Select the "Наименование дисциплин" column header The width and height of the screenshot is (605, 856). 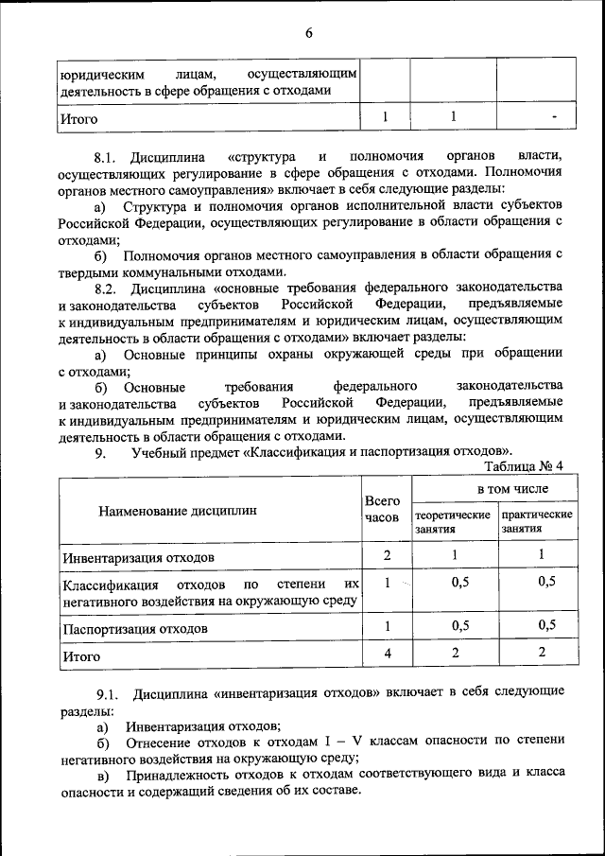[x=177, y=511]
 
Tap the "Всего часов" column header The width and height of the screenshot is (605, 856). [x=383, y=509]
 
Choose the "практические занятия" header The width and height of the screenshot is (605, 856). [x=537, y=522]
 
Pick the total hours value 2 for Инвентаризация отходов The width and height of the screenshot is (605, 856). [x=387, y=554]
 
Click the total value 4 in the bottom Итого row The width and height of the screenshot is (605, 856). [x=387, y=653]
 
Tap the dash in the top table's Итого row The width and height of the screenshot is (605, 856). [x=554, y=117]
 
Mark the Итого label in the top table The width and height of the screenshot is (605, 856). [x=78, y=119]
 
